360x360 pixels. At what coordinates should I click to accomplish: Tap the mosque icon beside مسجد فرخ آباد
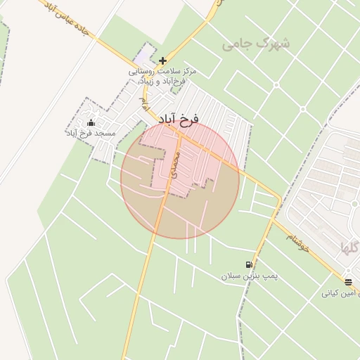[91, 124]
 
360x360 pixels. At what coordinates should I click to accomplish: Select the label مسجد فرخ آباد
[91, 133]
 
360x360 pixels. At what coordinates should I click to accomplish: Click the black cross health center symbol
[163, 61]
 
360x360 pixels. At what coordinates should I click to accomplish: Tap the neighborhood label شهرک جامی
[257, 44]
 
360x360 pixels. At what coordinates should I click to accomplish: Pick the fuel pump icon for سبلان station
[248, 265]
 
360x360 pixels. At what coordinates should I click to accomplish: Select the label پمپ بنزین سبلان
[248, 276]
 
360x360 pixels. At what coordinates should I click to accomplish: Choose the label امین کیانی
[341, 292]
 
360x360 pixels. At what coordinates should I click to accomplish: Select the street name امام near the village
[144, 103]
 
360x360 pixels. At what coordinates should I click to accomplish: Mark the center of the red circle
[180, 179]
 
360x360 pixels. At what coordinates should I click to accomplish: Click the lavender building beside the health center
[146, 53]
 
